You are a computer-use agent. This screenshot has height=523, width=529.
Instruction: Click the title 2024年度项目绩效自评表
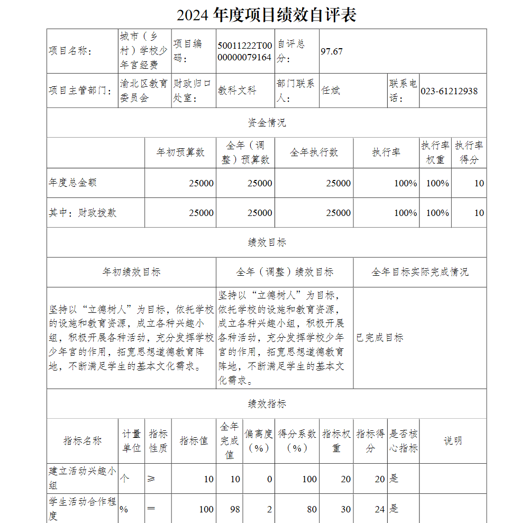coord(266,15)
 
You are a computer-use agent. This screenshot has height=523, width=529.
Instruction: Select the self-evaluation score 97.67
coord(332,51)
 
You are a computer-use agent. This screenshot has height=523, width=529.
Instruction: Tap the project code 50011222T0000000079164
coord(245,51)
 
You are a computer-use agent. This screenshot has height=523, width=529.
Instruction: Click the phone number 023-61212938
coord(449,91)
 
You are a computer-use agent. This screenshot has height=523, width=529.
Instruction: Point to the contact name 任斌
coord(331,91)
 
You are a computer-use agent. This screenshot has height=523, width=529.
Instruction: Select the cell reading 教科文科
coord(237,91)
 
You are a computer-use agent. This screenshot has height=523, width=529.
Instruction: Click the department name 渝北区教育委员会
coord(144,91)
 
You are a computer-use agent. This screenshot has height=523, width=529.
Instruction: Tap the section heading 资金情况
coord(267,123)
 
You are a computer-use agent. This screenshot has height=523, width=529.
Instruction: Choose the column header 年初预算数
coord(180,152)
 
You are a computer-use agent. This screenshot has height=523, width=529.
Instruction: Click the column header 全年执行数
coord(314,152)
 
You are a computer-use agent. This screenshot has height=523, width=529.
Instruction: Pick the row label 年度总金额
coord(72,183)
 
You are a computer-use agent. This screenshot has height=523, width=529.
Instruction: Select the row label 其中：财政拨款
coord(83,213)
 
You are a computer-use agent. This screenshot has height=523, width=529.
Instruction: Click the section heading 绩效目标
coord(267,242)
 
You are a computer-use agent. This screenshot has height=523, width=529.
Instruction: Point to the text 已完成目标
coord(379,338)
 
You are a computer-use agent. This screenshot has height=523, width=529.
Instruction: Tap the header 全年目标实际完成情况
coord(419,272)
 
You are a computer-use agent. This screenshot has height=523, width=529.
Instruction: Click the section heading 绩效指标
coord(267,404)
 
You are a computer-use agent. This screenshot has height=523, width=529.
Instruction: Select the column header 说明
coord(452,441)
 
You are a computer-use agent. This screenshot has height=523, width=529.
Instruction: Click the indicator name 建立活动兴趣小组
coord(82,478)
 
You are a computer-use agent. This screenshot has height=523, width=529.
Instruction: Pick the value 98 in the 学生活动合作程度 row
coord(235,509)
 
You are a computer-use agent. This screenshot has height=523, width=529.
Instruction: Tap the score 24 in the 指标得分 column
coord(379,509)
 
